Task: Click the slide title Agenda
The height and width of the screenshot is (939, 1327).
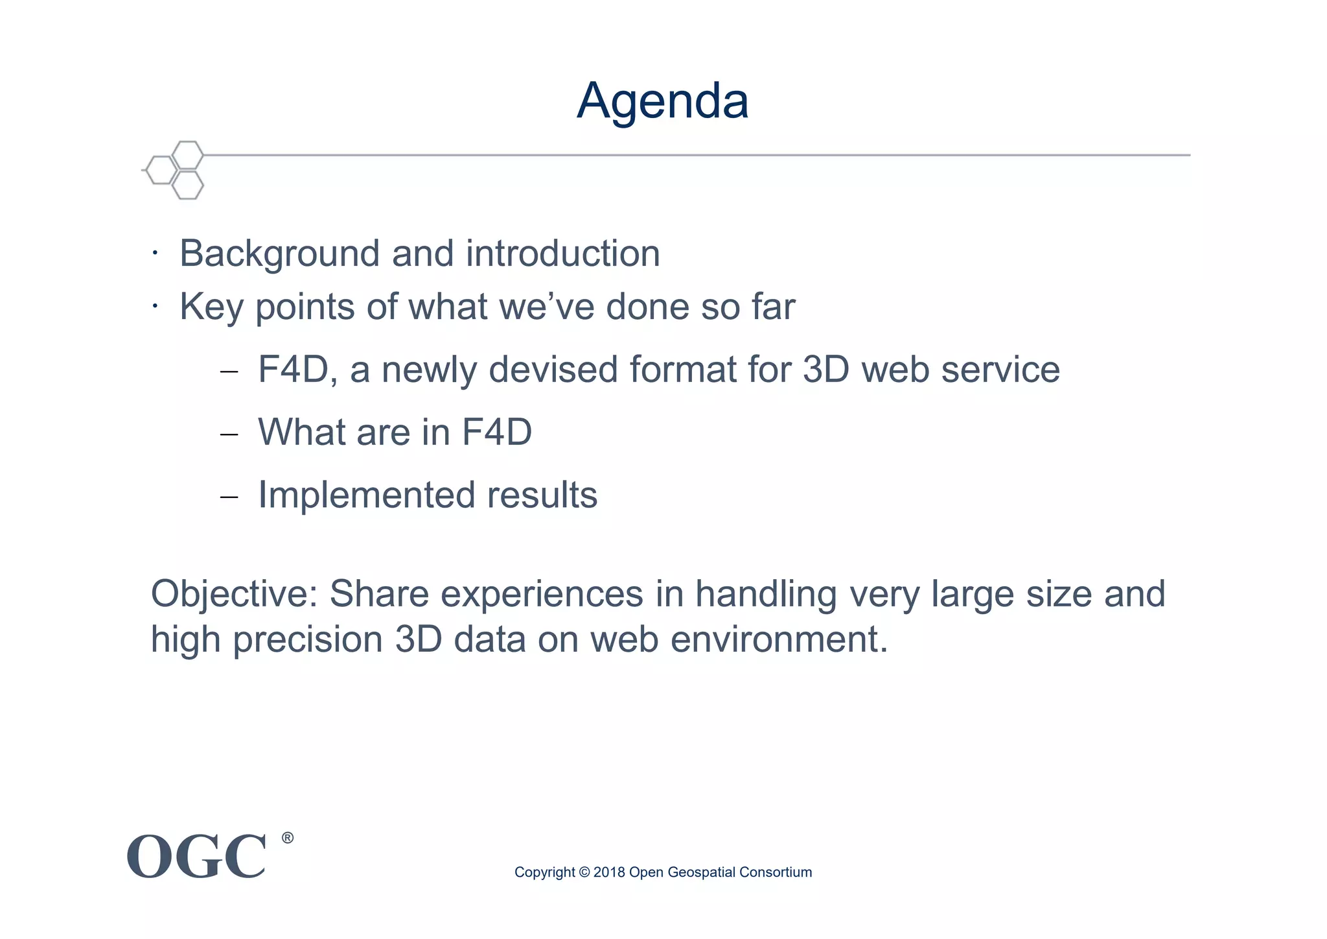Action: coord(662,101)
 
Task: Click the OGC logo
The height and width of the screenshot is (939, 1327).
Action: coord(196,857)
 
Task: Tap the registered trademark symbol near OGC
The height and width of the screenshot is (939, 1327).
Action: coord(288,838)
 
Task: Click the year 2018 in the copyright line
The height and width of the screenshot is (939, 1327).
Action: coord(609,872)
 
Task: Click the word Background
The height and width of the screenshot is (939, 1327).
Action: coord(279,254)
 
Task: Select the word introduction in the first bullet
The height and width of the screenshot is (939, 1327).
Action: coord(562,254)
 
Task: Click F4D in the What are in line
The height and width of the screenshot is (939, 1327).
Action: coord(497,432)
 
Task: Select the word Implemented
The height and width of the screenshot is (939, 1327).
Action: coord(367,495)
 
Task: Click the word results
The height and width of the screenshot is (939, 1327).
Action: coord(542,495)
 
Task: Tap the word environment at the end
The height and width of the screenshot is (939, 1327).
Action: coord(778,640)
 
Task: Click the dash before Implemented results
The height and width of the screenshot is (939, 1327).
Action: coord(229,497)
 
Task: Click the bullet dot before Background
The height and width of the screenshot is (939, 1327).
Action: coord(155,254)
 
